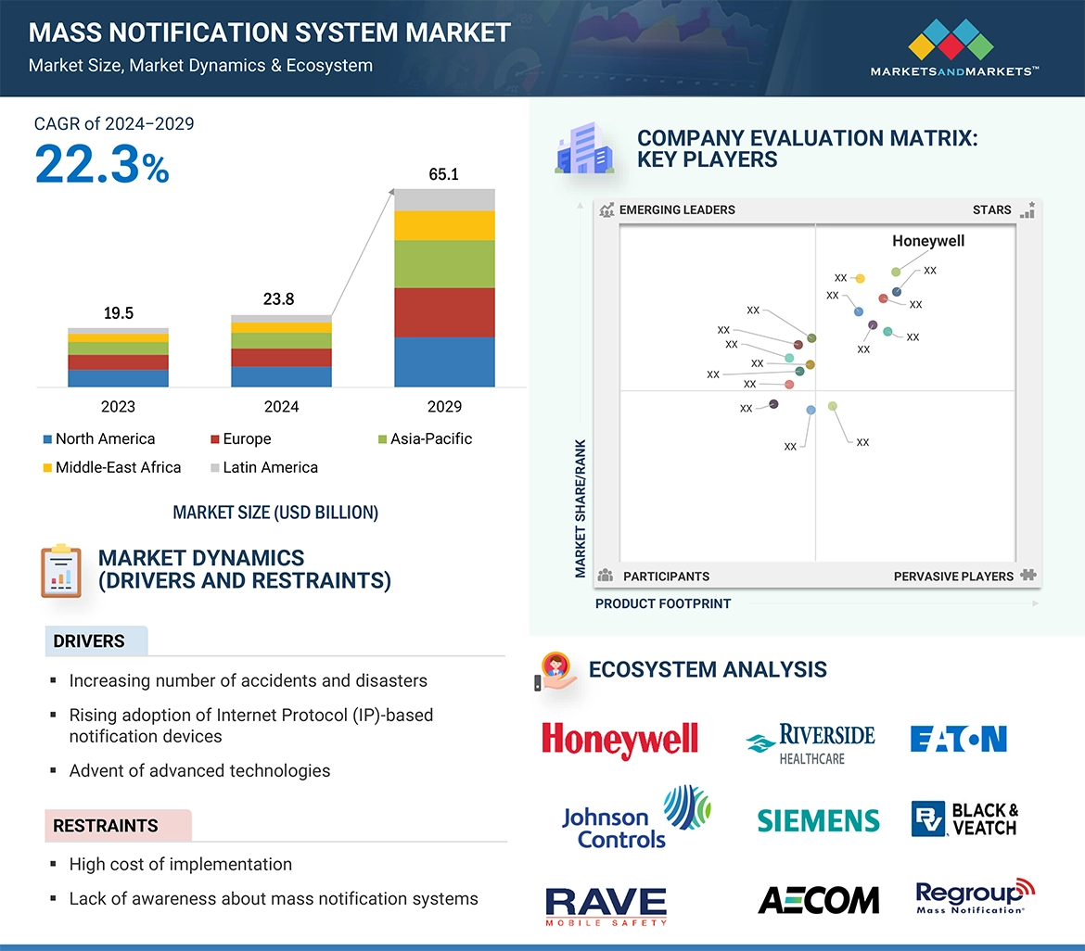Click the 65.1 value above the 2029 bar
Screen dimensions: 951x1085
[443, 174]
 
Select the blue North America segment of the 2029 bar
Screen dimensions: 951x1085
[444, 361]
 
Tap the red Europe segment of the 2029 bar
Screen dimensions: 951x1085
[444, 312]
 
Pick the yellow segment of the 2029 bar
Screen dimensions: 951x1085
[444, 225]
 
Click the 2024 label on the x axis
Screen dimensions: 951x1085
[281, 407]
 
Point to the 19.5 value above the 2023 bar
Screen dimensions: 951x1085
[118, 313]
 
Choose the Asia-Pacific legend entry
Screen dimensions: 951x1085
[430, 439]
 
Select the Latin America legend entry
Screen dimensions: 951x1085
[270, 468]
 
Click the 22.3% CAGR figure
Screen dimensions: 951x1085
[102, 165]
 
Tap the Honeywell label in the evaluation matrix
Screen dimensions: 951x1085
[928, 241]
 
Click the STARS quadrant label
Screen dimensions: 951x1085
[991, 210]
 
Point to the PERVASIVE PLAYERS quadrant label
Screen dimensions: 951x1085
[953, 577]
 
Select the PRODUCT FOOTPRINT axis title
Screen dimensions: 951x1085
[663, 603]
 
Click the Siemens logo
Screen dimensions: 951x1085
[818, 820]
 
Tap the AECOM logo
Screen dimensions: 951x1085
[818, 899]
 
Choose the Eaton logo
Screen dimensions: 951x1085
[959, 739]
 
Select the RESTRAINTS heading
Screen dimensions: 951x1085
[106, 826]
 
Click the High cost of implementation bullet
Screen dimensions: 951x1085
[181, 865]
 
